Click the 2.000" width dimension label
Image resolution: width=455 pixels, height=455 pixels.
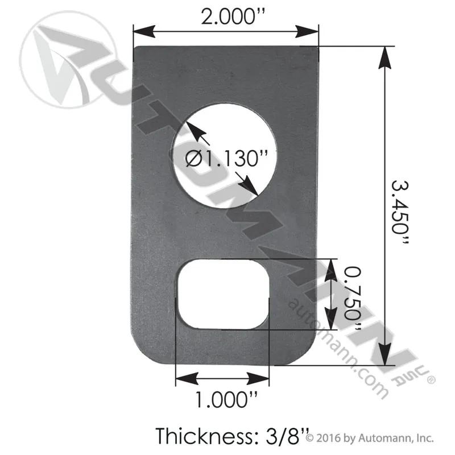coord(233,16)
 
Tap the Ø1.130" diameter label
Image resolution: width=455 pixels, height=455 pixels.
coord(226,159)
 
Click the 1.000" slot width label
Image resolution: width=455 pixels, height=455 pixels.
coord(226,400)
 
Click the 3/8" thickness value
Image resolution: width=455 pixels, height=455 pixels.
coord(283,436)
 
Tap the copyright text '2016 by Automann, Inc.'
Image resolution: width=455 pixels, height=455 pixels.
coord(375,438)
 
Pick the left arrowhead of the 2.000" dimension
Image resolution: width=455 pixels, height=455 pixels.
coord(144,31)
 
